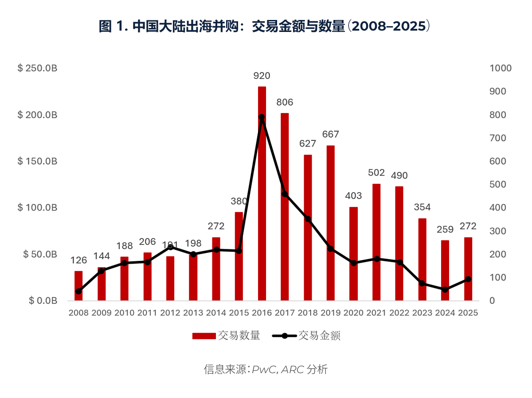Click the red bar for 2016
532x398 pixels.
[262, 193]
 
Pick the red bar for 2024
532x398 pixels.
[445, 270]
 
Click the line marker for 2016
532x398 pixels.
[262, 117]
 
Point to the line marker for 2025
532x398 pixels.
[468, 279]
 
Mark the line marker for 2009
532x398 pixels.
[102, 271]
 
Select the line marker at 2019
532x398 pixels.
[330, 248]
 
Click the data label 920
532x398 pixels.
[262, 76]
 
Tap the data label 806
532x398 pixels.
[285, 102]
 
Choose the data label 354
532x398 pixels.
[422, 207]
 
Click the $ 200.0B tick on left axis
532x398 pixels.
[37, 115]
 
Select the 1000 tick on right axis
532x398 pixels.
[500, 68]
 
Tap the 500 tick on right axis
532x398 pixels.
[498, 185]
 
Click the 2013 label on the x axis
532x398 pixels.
[193, 312]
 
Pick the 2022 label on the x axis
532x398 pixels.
[399, 312]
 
